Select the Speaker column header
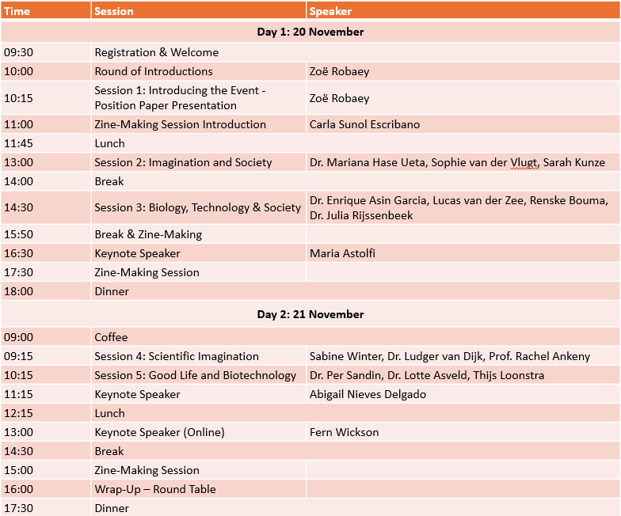pyautogui.click(x=330, y=11)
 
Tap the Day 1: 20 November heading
pyautogui.click(x=310, y=32)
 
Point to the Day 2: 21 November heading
pyautogui.click(x=310, y=314)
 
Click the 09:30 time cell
pyautogui.click(x=18, y=52)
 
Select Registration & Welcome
pyautogui.click(x=156, y=52)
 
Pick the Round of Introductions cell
pyautogui.click(x=154, y=71)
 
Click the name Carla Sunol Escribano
pyautogui.click(x=364, y=124)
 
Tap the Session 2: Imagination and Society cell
pyautogui.click(x=183, y=162)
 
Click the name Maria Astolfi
pyautogui.click(x=344, y=253)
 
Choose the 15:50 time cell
pyautogui.click(x=18, y=234)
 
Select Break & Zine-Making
pyautogui.click(x=148, y=234)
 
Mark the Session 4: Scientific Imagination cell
pyautogui.click(x=177, y=356)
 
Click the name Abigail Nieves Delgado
pyautogui.click(x=368, y=394)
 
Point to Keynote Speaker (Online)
pyautogui.click(x=159, y=432)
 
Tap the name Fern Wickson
pyautogui.click(x=344, y=432)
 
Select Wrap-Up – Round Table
pyautogui.click(x=154, y=489)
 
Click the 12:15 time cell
pyautogui.click(x=18, y=413)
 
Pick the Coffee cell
pyautogui.click(x=111, y=337)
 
